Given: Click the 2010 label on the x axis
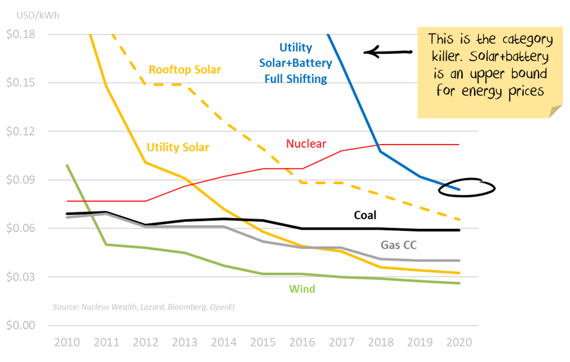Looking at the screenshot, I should click(68, 342).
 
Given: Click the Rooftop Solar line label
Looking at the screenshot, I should click(185, 69).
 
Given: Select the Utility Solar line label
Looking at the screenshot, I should click(178, 148).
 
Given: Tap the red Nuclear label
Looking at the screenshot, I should click(306, 144).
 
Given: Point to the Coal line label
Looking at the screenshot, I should click(365, 215).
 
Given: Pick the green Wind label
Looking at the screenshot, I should click(302, 289).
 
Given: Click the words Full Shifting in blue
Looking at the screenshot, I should click(295, 80).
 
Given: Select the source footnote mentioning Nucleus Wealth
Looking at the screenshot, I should click(143, 307).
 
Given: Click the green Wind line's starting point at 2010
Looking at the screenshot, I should click(68, 165).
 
